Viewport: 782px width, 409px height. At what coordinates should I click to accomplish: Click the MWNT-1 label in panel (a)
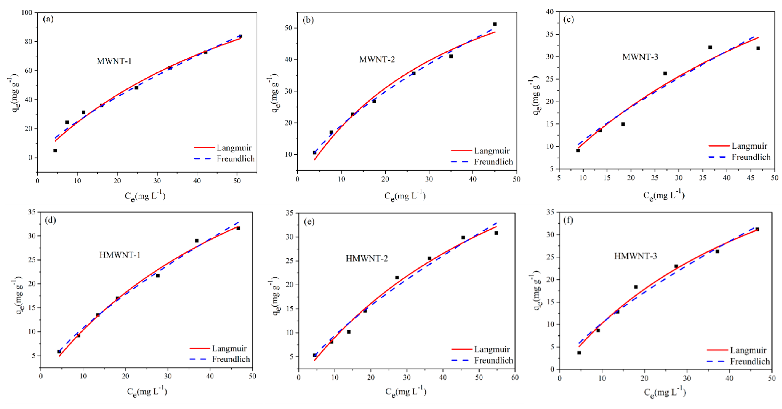tap(114, 61)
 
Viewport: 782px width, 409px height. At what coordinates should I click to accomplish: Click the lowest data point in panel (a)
tap(55, 151)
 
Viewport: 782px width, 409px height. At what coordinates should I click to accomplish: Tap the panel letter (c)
tap(568, 20)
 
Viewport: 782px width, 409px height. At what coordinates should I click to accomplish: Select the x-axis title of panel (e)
tap(406, 392)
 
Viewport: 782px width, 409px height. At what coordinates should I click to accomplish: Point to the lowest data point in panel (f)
tap(579, 353)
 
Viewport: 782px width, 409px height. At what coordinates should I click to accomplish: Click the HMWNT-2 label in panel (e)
tap(367, 259)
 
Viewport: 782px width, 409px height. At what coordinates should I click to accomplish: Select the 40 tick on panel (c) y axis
tap(550, 12)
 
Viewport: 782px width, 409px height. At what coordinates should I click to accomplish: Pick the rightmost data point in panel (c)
tap(758, 48)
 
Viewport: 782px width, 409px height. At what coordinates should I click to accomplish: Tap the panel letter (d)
tap(50, 220)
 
